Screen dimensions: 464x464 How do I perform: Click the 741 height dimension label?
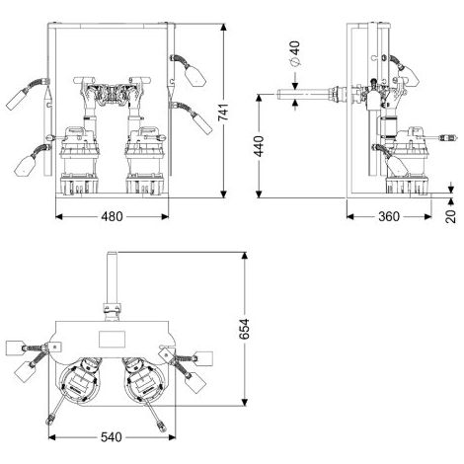(x=223, y=112)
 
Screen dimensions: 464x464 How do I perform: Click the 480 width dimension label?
(x=112, y=216)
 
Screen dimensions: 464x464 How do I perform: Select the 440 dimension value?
(x=259, y=146)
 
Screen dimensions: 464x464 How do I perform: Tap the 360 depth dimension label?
(x=389, y=216)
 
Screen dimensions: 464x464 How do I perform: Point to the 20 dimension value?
(x=451, y=216)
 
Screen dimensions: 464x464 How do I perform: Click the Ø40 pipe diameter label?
(x=295, y=53)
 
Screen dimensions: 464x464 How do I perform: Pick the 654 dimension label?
(x=244, y=329)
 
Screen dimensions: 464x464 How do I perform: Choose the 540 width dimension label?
(x=112, y=437)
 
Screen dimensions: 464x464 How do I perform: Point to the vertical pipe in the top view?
(x=113, y=278)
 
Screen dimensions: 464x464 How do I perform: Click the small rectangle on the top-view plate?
(x=112, y=339)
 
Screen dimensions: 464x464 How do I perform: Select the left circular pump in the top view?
(x=80, y=381)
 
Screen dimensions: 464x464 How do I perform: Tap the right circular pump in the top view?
(x=145, y=381)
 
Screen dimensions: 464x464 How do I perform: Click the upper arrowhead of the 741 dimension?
(x=224, y=28)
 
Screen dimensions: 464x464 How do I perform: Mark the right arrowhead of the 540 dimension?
(x=172, y=437)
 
